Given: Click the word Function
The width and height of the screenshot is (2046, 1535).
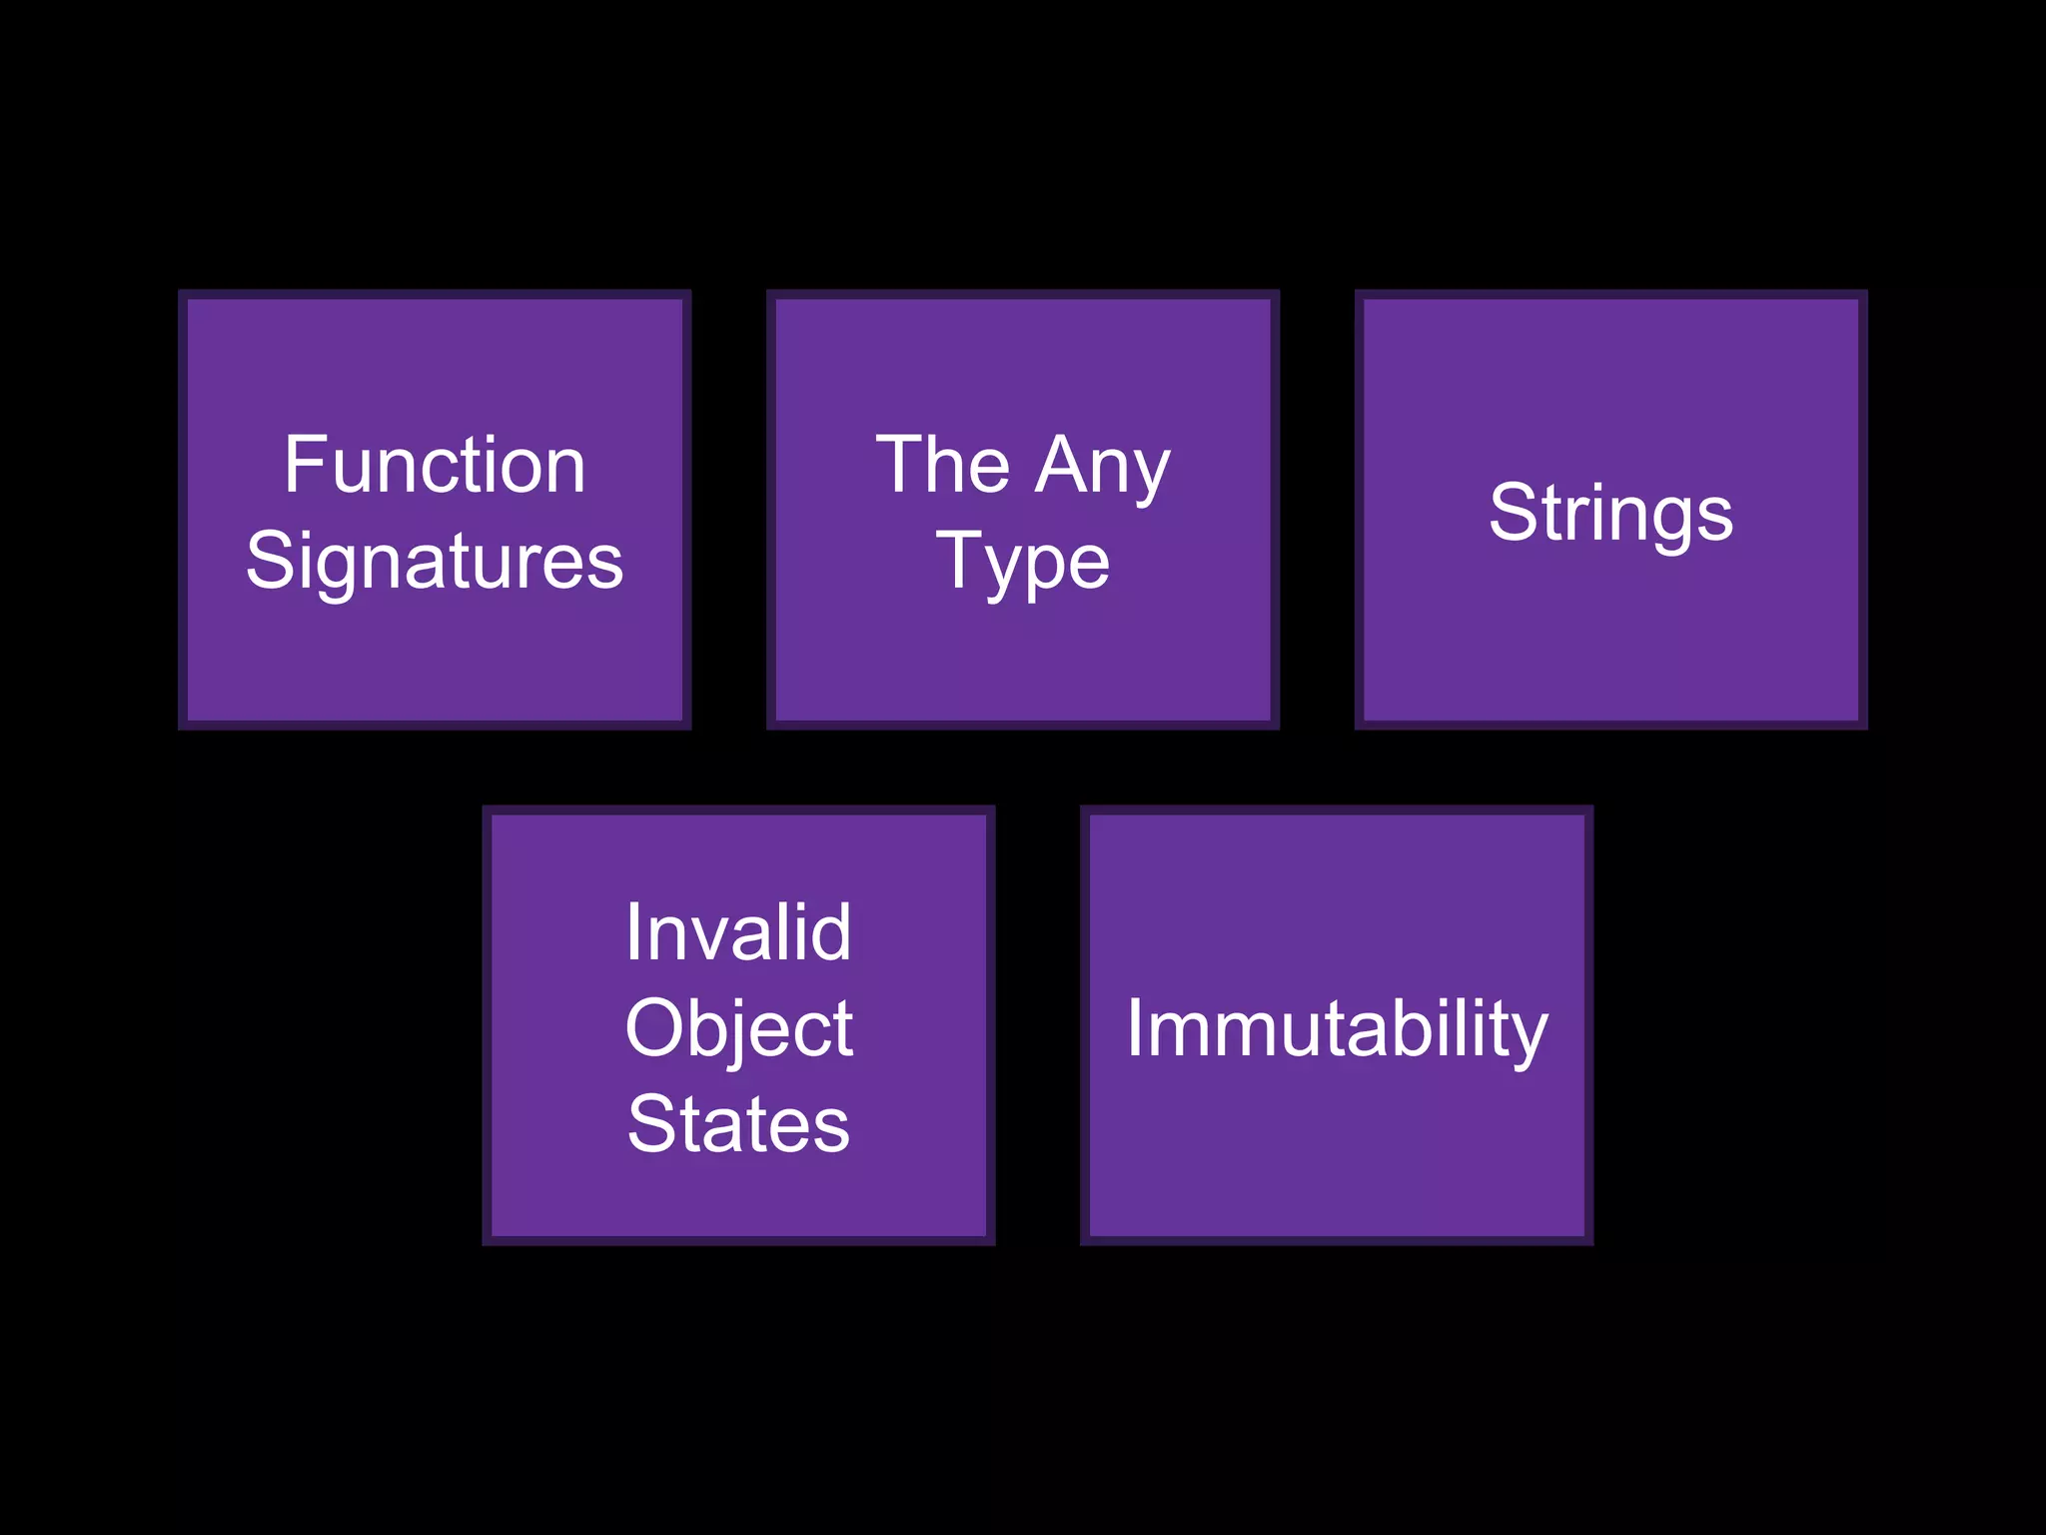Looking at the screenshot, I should [x=435, y=466].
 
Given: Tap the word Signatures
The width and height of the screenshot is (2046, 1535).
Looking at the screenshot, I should [x=435, y=562].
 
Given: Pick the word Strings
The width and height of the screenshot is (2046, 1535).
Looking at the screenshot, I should [x=1610, y=514].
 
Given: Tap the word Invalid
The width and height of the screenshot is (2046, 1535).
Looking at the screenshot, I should [x=738, y=933].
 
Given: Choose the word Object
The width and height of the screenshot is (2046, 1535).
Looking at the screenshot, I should [x=738, y=1029].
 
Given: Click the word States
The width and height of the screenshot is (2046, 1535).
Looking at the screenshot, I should [x=738, y=1125].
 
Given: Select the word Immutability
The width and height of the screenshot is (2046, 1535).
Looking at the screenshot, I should [x=1337, y=1029].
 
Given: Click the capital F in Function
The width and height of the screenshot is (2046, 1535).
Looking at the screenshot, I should [x=302, y=466].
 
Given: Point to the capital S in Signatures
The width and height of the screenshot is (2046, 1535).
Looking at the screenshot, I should [x=268, y=562].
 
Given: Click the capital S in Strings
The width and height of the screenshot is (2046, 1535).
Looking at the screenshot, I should [x=1511, y=514].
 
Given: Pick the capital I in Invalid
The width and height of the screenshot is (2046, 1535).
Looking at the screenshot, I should [x=632, y=933].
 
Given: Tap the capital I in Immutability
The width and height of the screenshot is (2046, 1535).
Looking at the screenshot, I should [x=1134, y=1029].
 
